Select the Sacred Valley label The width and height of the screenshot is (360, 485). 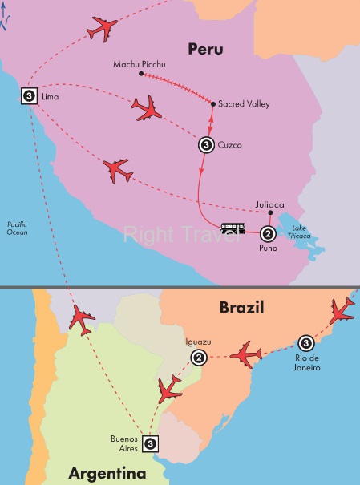point(244,104)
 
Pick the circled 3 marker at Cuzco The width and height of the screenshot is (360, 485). point(205,146)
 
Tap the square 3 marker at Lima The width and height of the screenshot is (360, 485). point(29,95)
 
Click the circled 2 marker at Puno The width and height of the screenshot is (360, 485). point(268,234)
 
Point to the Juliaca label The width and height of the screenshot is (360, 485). point(270,204)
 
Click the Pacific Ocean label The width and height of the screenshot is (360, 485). point(18,227)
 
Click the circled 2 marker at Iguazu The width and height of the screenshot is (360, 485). point(200,358)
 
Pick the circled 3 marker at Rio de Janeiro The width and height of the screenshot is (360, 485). point(305,341)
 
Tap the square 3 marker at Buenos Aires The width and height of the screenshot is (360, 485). point(150,442)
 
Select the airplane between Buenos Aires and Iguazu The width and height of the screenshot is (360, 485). point(171,390)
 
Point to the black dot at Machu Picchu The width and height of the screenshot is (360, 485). point(140,74)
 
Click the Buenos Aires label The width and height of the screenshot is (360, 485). point(124,443)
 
